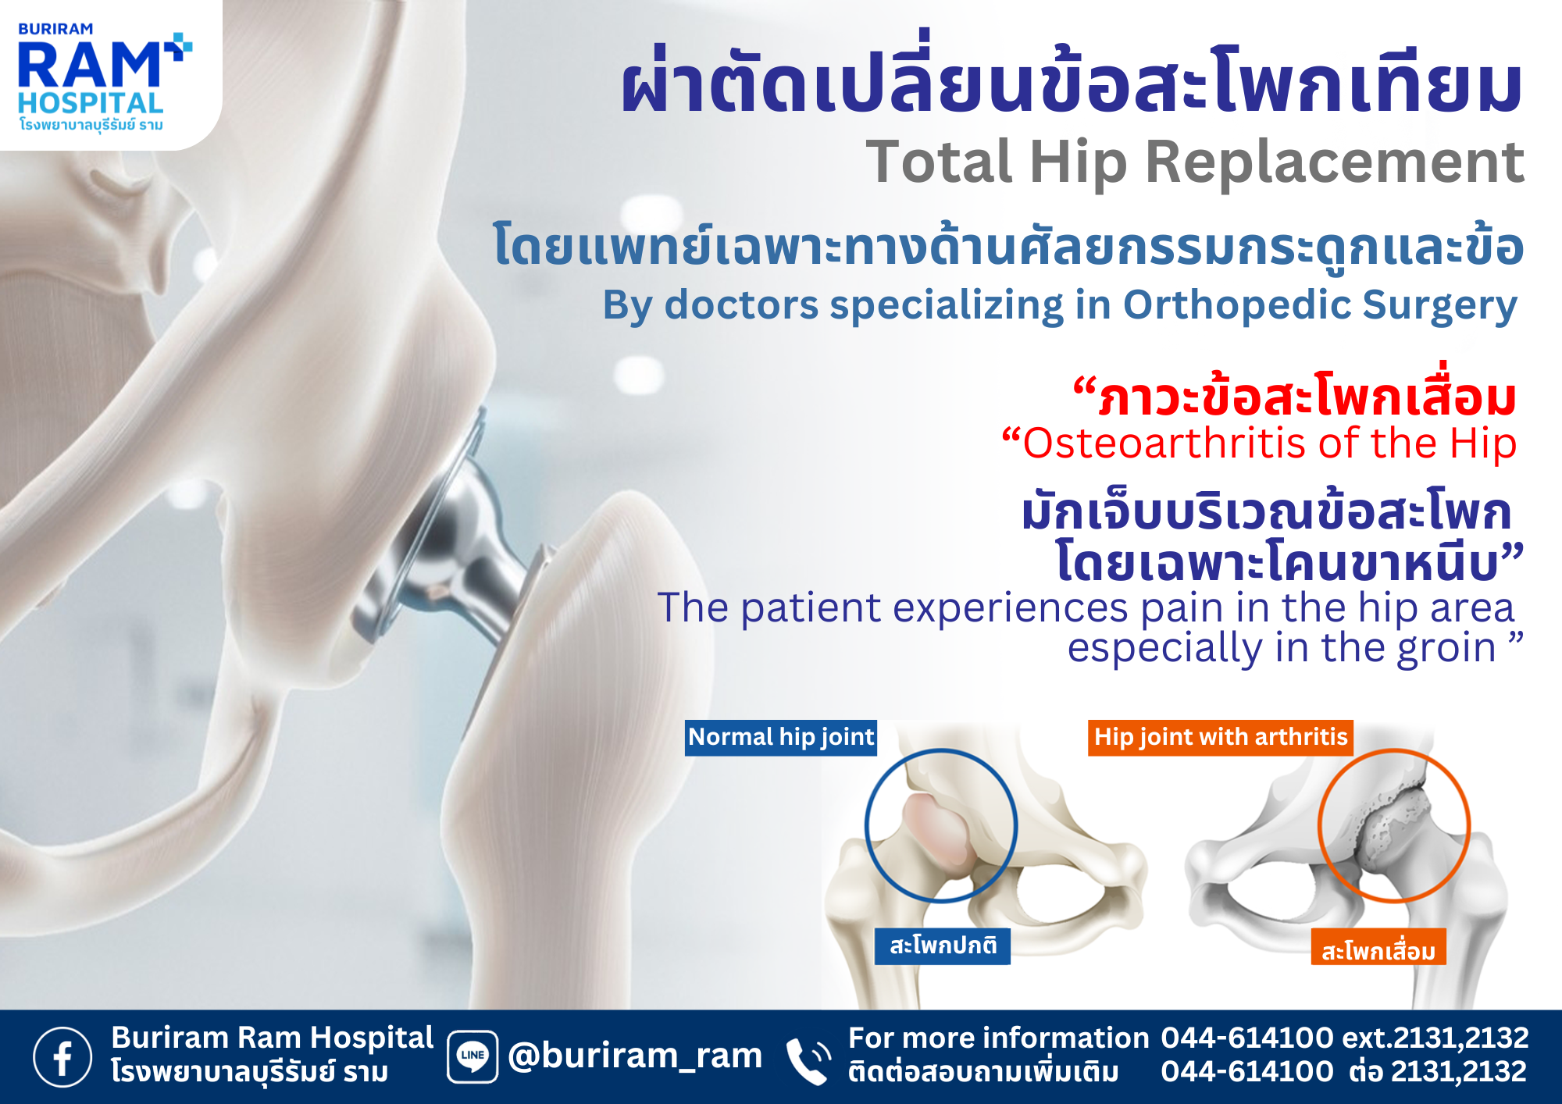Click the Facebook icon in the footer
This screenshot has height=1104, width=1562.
(62, 1056)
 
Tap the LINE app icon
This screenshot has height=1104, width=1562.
(473, 1056)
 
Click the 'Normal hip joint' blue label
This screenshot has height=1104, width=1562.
(781, 737)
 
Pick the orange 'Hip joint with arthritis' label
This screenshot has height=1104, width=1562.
(1221, 737)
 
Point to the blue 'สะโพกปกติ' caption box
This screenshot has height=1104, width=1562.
(943, 946)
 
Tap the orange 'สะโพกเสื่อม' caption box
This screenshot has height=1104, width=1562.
(1378, 947)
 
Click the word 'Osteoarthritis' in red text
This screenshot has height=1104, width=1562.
(1165, 443)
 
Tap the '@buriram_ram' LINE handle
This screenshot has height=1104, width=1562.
(635, 1056)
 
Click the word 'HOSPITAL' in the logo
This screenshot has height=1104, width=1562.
(91, 103)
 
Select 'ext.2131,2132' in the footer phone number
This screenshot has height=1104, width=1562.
(1435, 1038)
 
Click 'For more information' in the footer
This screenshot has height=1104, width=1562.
(998, 1038)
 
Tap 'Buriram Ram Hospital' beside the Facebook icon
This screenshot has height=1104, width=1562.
(272, 1038)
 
